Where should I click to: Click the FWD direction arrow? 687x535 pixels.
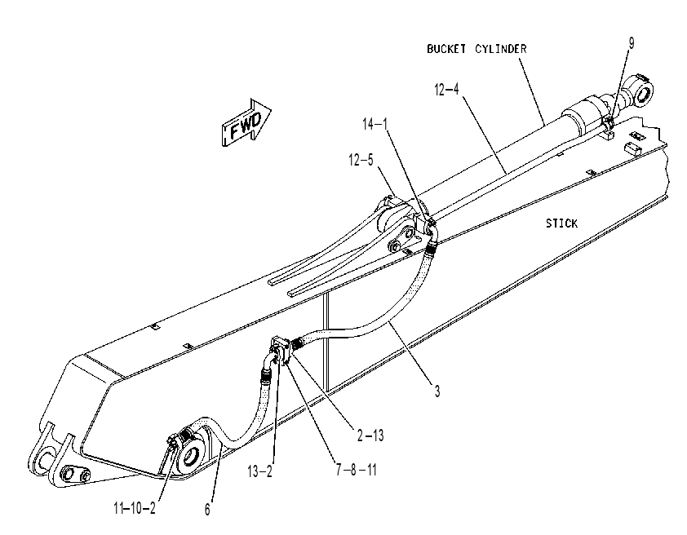coord(246,122)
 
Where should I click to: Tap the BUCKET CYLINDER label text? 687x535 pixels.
coord(476,49)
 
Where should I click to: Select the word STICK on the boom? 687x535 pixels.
coord(561,223)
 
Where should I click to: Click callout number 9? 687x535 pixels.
coord(632,43)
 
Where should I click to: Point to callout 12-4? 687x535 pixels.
coord(446,90)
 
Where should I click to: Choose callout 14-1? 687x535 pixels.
coord(375,124)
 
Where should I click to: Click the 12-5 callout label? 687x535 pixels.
coord(361,160)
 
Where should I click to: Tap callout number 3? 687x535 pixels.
coord(437,391)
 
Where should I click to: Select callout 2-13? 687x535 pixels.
coord(370,436)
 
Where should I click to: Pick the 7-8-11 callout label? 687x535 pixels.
coord(357,470)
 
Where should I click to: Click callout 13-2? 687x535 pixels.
coord(259,471)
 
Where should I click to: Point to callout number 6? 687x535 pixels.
coord(207,510)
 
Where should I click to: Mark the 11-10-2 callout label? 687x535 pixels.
coord(134,508)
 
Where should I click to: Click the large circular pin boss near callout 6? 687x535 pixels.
coord(191,455)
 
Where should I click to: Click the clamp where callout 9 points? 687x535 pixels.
coord(608,123)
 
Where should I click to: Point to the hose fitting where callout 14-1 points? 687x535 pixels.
coord(431,224)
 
